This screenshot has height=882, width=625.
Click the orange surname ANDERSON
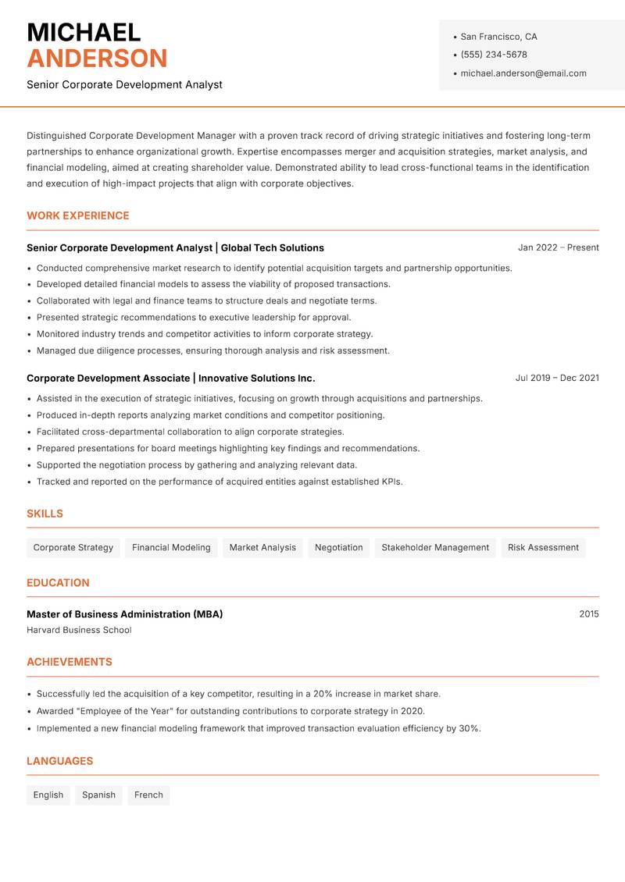point(97,59)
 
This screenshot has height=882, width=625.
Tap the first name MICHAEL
point(84,32)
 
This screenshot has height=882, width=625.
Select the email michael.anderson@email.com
point(523,73)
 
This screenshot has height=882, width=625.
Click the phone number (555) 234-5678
point(493,55)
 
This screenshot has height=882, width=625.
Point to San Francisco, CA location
point(498,37)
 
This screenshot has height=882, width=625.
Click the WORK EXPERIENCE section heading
point(78,215)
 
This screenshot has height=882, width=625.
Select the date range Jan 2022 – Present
point(558,247)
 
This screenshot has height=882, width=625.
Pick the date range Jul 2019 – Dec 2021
point(557,378)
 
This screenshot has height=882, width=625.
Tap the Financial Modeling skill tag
point(171,547)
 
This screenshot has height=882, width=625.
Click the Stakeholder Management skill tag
point(435,547)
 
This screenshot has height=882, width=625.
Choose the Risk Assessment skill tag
point(543,547)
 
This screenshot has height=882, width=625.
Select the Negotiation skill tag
point(338,547)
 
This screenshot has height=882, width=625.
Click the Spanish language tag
point(98,795)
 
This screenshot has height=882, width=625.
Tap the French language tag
point(148,795)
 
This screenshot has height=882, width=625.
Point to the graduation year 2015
point(588,614)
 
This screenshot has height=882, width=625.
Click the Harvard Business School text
point(79,630)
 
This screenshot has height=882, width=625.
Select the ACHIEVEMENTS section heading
point(70,662)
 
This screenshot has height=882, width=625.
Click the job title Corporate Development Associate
point(108,378)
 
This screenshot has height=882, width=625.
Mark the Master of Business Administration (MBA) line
point(124,614)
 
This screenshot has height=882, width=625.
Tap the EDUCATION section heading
point(58,582)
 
